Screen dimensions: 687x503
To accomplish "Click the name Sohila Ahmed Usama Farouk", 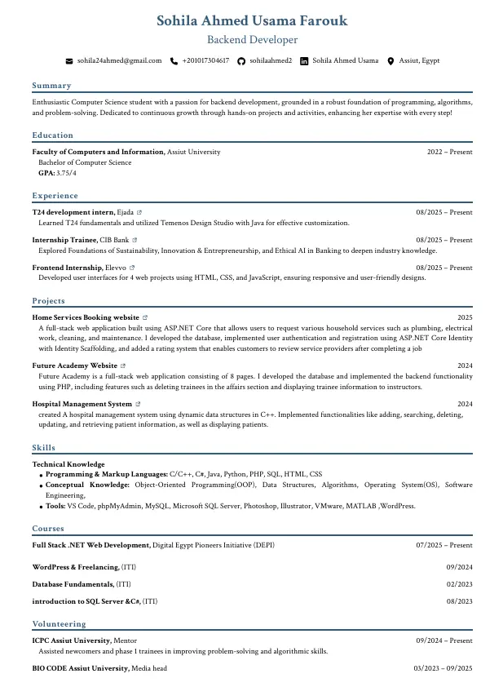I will click(x=251, y=21).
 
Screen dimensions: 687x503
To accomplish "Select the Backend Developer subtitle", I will click(x=251, y=40).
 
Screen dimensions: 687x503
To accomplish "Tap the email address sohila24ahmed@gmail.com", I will click(x=119, y=61).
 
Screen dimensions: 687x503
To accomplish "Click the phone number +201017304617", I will click(x=205, y=61).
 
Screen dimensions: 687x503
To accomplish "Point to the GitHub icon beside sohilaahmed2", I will click(x=241, y=61).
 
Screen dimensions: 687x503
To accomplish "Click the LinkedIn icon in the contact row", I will click(x=305, y=61).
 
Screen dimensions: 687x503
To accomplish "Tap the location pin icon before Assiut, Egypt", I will click(x=391, y=61).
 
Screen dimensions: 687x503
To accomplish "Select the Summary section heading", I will click(x=52, y=86).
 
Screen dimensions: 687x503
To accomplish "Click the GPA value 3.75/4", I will click(x=67, y=173).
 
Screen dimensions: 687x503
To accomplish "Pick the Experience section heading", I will click(x=55, y=196).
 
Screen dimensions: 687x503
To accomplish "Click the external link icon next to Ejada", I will click(x=139, y=213).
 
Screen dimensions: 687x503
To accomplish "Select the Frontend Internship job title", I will click(x=68, y=268).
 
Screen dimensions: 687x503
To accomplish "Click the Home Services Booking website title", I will click(x=86, y=317).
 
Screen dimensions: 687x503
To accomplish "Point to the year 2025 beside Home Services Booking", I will click(x=465, y=317).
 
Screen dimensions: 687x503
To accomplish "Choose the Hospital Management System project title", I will click(x=82, y=404).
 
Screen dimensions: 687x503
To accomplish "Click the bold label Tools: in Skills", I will click(x=55, y=506).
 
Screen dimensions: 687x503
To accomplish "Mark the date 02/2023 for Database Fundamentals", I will click(x=459, y=584).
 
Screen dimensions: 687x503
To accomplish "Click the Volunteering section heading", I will click(x=60, y=624).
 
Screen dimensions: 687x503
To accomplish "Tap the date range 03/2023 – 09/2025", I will click(x=443, y=668).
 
